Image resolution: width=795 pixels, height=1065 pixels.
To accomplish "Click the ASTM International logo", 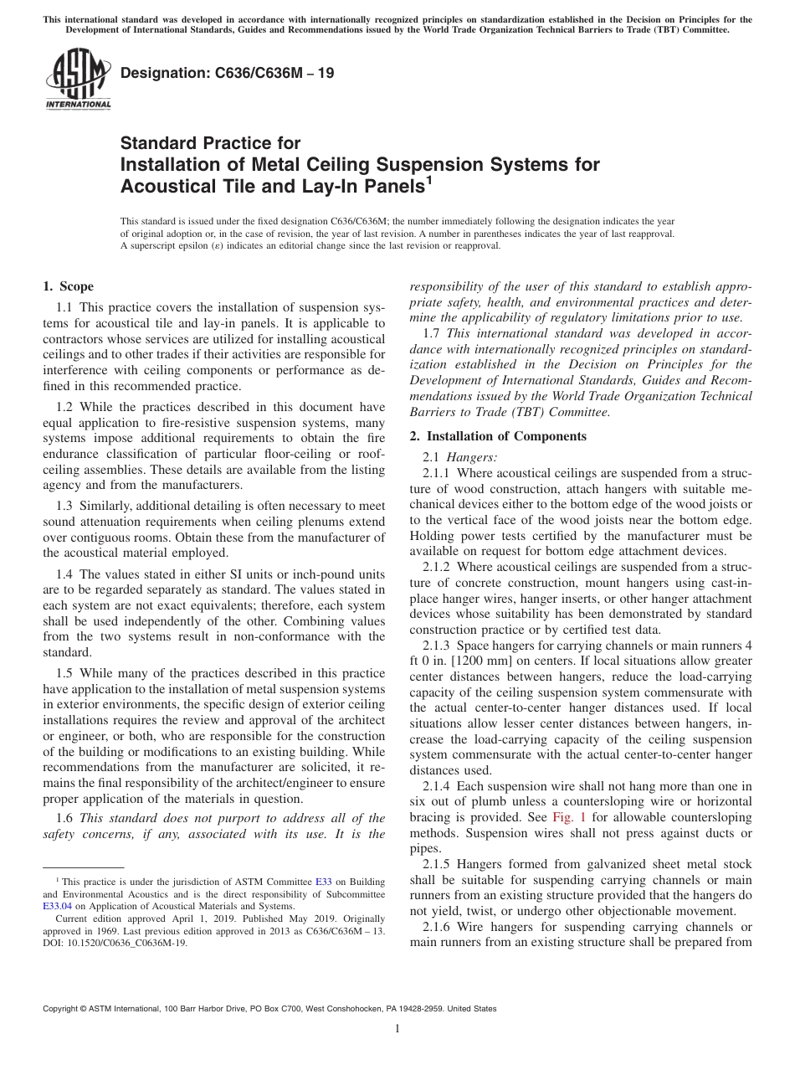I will (78, 80).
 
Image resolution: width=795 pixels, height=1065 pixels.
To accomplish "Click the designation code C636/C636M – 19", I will (228, 73).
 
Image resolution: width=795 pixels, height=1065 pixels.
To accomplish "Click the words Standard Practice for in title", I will (210, 143).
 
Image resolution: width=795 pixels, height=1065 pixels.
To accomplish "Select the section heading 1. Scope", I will (69, 286).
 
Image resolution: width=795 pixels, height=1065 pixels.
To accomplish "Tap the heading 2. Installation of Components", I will (498, 436).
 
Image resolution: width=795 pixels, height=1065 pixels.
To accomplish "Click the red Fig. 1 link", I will (569, 817).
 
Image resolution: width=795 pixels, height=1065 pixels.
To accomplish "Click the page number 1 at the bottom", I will (397, 1029).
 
